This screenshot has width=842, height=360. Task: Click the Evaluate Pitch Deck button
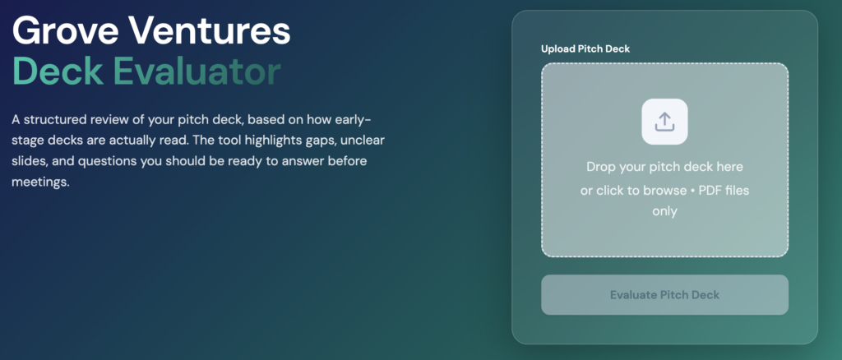tap(664, 294)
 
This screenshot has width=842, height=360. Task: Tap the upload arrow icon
tap(664, 122)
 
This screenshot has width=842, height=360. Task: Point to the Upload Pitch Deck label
tap(585, 48)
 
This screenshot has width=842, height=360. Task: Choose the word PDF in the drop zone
tap(711, 191)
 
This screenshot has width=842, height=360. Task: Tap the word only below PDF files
tap(664, 211)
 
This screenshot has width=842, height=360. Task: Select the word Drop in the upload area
tap(599, 167)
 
